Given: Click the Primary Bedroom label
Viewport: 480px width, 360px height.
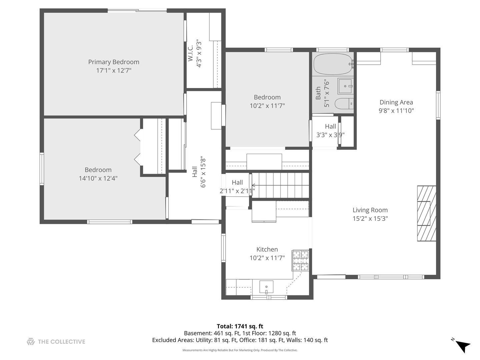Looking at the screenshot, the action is (x=114, y=62).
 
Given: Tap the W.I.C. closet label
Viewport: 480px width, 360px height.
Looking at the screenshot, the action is (x=190, y=53).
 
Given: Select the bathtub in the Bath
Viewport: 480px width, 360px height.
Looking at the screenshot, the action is (x=333, y=64).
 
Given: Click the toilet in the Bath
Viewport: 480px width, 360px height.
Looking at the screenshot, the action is (x=344, y=103).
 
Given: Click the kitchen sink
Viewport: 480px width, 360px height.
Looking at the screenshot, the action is (x=266, y=287).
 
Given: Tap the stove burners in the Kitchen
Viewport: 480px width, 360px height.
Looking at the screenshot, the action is (x=301, y=261).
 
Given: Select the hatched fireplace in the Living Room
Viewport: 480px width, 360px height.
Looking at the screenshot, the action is (x=426, y=213).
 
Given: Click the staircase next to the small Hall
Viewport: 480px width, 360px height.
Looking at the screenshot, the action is (x=280, y=185).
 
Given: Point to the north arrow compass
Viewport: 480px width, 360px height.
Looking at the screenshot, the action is (x=461, y=349).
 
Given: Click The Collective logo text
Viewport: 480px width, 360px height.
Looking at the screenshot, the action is (x=61, y=342).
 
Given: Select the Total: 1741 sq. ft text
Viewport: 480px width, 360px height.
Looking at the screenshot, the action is (x=240, y=326).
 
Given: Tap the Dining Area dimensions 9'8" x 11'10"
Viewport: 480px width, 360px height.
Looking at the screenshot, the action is (x=396, y=111).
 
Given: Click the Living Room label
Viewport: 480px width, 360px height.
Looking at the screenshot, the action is (x=370, y=210).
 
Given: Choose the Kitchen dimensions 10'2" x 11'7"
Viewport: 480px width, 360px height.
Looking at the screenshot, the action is (x=267, y=258).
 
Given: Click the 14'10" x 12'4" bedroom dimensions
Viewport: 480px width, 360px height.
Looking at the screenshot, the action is (x=98, y=178).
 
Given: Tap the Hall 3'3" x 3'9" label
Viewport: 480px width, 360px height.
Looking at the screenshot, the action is (x=330, y=130).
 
